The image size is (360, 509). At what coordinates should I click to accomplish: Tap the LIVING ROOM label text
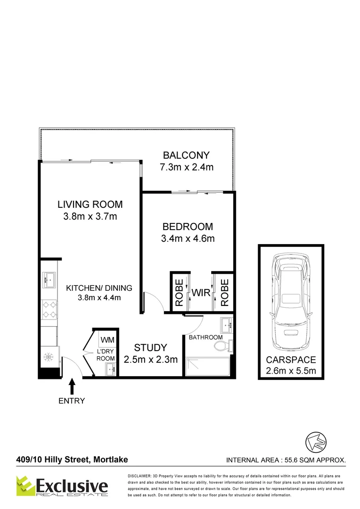90,205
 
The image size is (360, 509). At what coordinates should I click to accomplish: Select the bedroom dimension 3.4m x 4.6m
188,238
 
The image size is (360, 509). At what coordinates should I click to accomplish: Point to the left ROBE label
179,293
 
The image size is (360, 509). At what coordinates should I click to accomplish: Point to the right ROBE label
224,293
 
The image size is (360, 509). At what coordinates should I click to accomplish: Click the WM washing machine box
107,339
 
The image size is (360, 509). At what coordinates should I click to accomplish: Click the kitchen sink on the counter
49,279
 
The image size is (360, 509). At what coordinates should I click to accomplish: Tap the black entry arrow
72,386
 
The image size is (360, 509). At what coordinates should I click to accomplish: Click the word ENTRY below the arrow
72,401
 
